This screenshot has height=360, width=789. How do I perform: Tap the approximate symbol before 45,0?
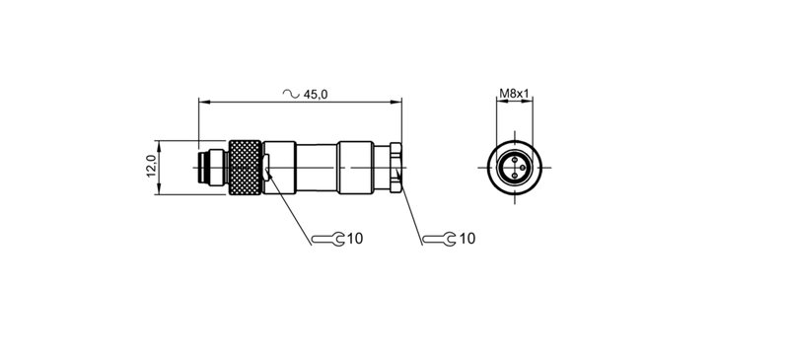(290, 94)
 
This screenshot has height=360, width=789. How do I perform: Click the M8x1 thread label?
(514, 94)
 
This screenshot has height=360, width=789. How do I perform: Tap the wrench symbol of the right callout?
(437, 239)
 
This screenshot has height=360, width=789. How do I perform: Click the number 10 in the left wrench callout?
(356, 239)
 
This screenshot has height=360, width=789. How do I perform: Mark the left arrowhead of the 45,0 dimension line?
(202, 102)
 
